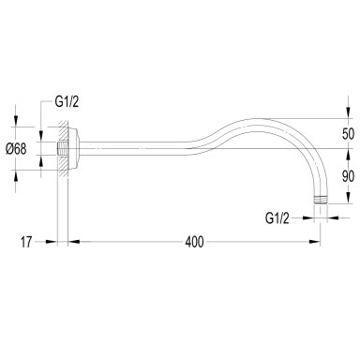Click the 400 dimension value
(x=194, y=242)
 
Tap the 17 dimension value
(x=26, y=242)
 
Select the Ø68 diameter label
(x=16, y=149)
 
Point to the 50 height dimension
(x=348, y=134)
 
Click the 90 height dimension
(x=348, y=177)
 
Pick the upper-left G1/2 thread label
(x=67, y=102)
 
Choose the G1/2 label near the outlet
(x=277, y=218)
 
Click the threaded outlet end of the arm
(x=320, y=200)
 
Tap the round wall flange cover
(x=74, y=149)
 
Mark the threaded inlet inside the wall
(x=62, y=148)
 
